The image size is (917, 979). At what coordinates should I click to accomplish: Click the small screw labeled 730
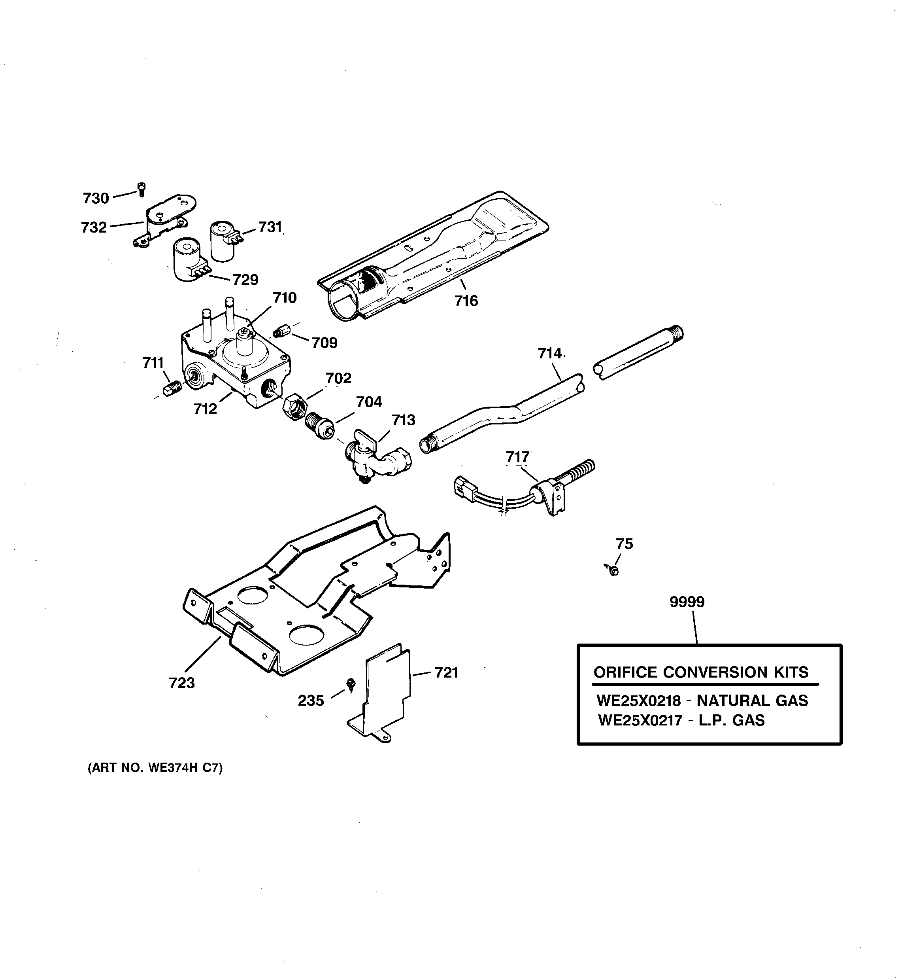[142, 189]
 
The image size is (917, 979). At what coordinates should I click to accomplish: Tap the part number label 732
[94, 227]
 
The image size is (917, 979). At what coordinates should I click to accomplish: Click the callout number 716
[466, 300]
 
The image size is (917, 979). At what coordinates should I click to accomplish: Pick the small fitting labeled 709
[281, 331]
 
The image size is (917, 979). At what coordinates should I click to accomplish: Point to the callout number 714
[550, 353]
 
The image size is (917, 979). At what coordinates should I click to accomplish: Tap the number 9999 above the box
[687, 602]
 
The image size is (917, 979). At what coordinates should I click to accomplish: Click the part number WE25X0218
[638, 701]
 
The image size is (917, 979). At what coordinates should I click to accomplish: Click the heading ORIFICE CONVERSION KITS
[701, 672]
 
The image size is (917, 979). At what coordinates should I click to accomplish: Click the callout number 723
[182, 683]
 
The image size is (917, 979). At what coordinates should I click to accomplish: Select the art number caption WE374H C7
[155, 768]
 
